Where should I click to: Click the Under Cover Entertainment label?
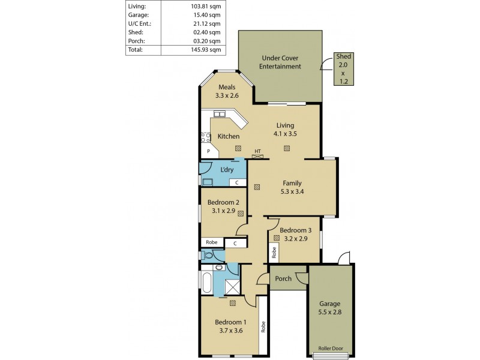pyautogui.click(x=280, y=62)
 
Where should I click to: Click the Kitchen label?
pyautogui.click(x=229, y=136)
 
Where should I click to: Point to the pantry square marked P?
pyautogui.click(x=208, y=151)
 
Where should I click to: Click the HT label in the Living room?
pyautogui.click(x=257, y=151)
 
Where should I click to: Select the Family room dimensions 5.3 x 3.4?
pyautogui.click(x=292, y=193)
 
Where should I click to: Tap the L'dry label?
pyautogui.click(x=227, y=170)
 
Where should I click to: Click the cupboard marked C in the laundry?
pyautogui.click(x=236, y=182)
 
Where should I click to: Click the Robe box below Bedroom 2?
pyautogui.click(x=212, y=242)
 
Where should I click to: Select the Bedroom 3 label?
pyautogui.click(x=295, y=230)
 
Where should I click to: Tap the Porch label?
pyautogui.click(x=283, y=278)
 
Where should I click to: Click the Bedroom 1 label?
pyautogui.click(x=231, y=322)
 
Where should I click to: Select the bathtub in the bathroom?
pyautogui.click(x=206, y=283)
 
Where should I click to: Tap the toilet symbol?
pyautogui.click(x=208, y=255)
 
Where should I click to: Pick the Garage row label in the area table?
pyautogui.click(x=139, y=15)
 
